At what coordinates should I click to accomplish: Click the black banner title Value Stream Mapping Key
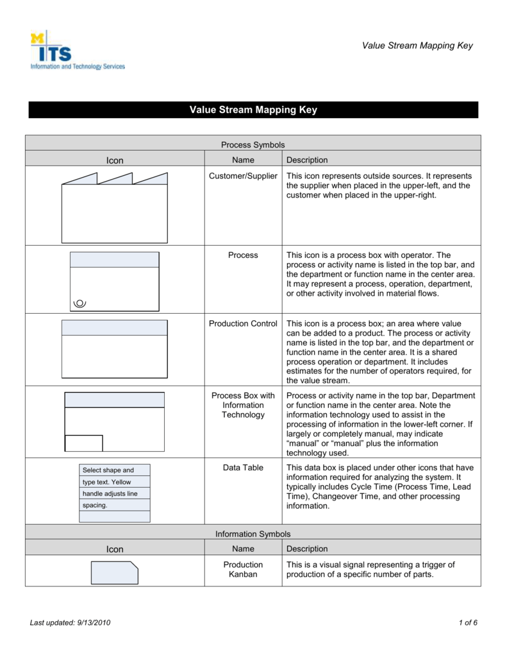pyautogui.click(x=253, y=110)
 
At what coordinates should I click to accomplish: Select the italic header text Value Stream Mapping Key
pyautogui.click(x=417, y=46)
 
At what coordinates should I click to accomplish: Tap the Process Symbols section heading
pyautogui.click(x=253, y=145)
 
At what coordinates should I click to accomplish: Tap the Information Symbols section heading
pyautogui.click(x=253, y=534)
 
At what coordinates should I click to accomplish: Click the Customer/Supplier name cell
pyautogui.click(x=243, y=176)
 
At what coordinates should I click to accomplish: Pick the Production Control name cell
pyautogui.click(x=243, y=323)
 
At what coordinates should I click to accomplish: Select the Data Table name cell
pyautogui.click(x=243, y=468)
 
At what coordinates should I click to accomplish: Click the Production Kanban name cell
pyautogui.click(x=243, y=569)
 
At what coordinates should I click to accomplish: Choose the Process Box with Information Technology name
pyautogui.click(x=243, y=405)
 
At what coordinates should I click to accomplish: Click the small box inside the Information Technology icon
pyautogui.click(x=84, y=443)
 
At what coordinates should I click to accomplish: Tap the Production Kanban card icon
pyautogui.click(x=115, y=572)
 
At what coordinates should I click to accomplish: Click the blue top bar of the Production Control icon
pyautogui.click(x=114, y=328)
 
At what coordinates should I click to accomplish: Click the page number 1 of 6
pyautogui.click(x=468, y=624)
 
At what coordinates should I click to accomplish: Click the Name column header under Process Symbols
pyautogui.click(x=243, y=160)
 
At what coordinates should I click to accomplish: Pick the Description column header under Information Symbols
pyautogui.click(x=307, y=549)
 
